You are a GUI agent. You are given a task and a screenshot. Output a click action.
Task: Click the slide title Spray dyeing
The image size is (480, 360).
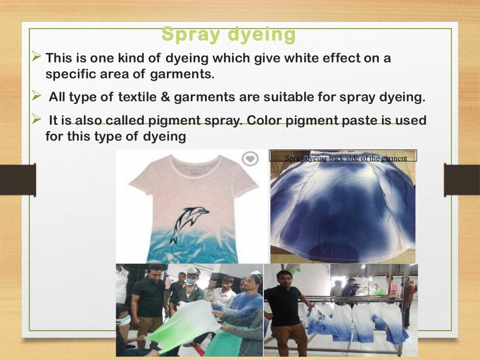[229, 35]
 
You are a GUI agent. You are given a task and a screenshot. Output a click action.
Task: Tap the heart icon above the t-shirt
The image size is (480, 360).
[250, 159]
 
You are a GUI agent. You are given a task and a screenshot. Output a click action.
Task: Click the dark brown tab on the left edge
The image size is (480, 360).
[18, 180]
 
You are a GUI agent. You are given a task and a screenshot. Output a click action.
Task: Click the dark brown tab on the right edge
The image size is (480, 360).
[462, 180]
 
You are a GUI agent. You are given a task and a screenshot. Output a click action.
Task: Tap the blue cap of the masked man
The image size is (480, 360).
[193, 270]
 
